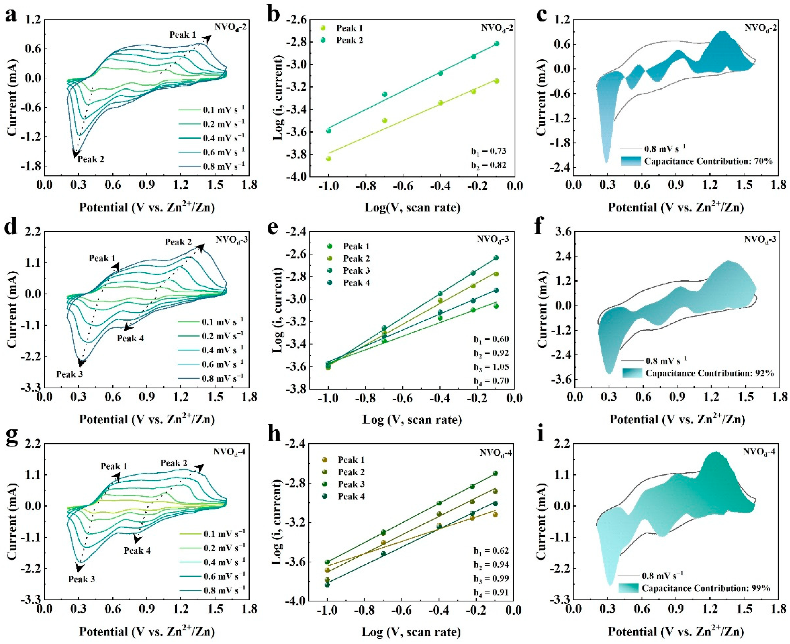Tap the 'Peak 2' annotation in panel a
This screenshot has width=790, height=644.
[x=91, y=159]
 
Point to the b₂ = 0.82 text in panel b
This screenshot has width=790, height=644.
[x=489, y=165]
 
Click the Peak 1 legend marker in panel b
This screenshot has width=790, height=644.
[x=323, y=28]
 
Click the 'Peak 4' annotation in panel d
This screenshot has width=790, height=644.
[x=131, y=338]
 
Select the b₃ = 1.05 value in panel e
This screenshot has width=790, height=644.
[x=491, y=367]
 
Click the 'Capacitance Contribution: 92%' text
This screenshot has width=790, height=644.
[x=709, y=373]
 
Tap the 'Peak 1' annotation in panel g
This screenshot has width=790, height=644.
[x=114, y=466]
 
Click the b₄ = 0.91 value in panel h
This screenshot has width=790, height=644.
[x=491, y=593]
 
